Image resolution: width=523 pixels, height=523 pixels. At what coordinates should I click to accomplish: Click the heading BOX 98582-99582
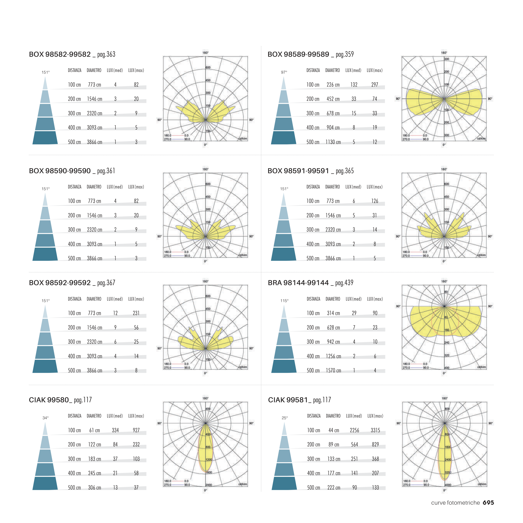tap(60, 54)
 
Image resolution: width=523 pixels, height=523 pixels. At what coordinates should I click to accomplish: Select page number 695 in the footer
tap(488, 502)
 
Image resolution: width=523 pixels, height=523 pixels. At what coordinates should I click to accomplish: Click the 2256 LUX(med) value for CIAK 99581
tap(354, 430)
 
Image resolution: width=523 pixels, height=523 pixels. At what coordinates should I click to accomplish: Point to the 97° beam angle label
tap(284, 72)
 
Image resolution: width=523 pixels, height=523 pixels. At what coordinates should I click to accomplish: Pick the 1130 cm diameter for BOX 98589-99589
tap(333, 142)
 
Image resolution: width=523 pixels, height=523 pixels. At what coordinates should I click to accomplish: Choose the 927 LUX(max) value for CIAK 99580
tap(136, 430)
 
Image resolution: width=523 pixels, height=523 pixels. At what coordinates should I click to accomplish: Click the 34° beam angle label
tap(45, 418)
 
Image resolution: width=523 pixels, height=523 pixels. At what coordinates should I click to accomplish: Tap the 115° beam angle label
tap(284, 301)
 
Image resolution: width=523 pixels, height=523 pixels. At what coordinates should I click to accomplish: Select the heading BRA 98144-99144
tap(298, 283)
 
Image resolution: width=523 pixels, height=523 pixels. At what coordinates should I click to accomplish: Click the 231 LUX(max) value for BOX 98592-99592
tap(136, 313)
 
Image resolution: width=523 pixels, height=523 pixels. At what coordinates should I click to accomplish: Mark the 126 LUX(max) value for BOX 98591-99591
tap(375, 201)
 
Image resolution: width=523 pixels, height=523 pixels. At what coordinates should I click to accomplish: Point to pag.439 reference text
tap(344, 283)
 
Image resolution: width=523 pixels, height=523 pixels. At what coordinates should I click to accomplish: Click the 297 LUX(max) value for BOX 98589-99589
tap(375, 85)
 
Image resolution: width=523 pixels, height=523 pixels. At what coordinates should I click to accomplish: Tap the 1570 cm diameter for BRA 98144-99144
tap(333, 370)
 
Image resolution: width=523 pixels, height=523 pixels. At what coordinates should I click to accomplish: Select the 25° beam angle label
tap(285, 418)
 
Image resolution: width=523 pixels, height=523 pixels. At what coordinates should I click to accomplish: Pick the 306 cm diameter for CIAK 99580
tap(95, 487)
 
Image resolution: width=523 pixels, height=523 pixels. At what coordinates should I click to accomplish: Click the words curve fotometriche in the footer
tap(455, 503)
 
